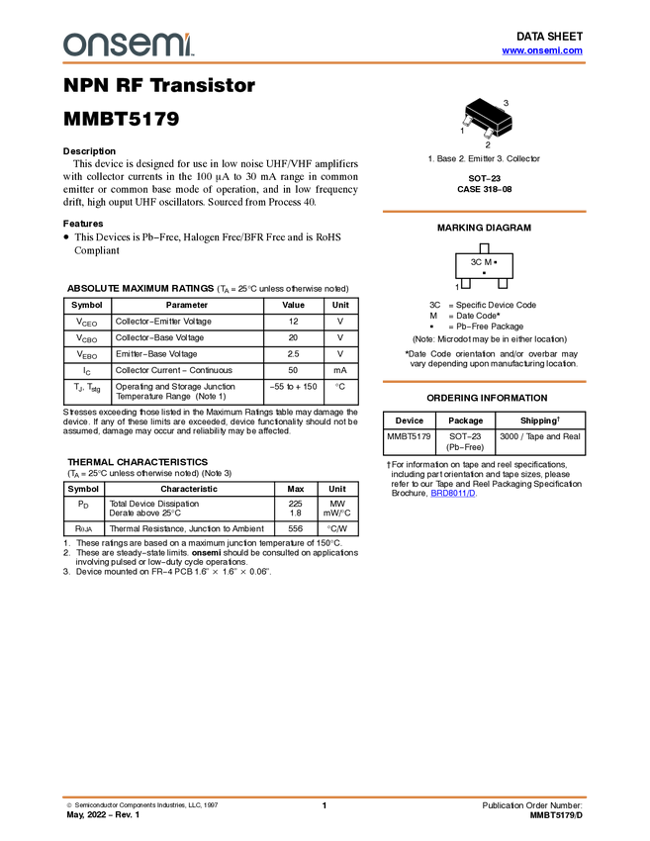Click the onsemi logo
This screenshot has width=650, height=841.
(129, 45)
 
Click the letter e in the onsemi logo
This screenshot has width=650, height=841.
(141, 46)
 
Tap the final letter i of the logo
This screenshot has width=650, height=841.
(191, 47)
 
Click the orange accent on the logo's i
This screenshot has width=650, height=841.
(191, 34)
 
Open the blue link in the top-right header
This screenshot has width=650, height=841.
(542, 50)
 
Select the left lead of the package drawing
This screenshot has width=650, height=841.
(466, 121)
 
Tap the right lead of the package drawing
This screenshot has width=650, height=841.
(488, 133)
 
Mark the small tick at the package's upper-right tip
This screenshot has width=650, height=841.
(511, 117)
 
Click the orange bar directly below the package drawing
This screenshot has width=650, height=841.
(484, 212)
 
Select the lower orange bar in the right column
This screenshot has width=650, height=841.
(484, 382)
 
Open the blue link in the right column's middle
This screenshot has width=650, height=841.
(453, 493)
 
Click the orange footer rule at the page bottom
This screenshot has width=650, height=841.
(325, 796)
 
